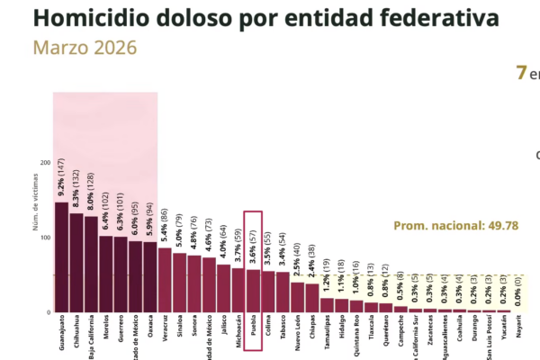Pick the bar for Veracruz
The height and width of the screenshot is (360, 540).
tap(165, 280)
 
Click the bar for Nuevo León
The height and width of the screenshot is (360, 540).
tap(297, 297)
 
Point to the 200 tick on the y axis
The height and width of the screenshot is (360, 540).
tap(44, 163)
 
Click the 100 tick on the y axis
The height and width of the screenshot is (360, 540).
tap(44, 238)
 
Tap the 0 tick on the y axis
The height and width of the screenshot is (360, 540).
tap(48, 312)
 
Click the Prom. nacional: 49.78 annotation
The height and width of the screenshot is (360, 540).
tap(456, 225)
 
